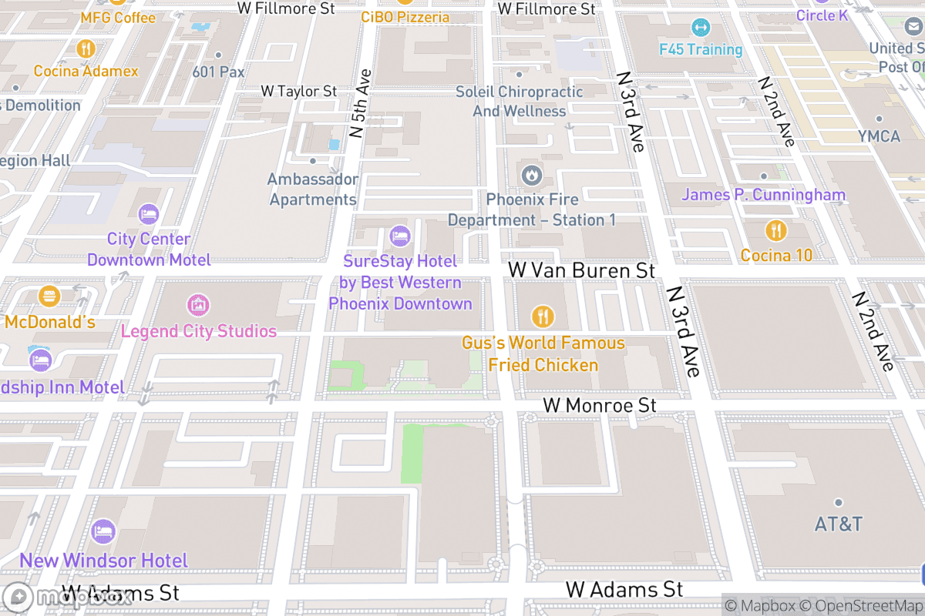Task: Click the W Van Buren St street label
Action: coord(582,270)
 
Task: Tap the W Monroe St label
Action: coord(600,405)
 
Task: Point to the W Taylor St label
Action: coord(299,91)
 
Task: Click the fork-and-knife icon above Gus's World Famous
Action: coord(543,316)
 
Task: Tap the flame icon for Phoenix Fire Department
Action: coord(531,176)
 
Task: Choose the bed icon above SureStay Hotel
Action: coord(399,236)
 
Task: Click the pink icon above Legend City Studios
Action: coord(198,305)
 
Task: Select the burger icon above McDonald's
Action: coord(49,296)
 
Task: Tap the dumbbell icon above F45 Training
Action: coord(701,28)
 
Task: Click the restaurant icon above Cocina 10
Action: coord(776,229)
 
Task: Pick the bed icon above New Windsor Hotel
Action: coord(103,531)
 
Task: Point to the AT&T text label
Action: coord(839,524)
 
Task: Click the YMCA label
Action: coord(879,136)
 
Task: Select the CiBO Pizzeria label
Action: coord(405,17)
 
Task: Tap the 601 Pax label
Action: coord(219,72)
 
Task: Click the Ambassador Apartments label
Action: coord(313,189)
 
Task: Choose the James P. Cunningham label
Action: coord(763,195)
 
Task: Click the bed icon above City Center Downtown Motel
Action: coord(148,213)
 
